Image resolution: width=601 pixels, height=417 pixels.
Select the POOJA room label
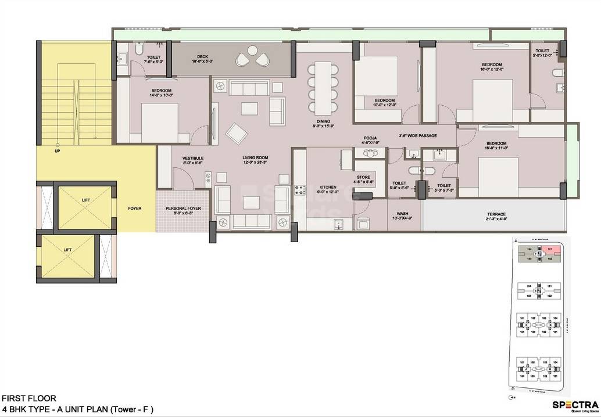(x=370, y=139)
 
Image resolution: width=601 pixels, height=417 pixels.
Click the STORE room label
(x=363, y=178)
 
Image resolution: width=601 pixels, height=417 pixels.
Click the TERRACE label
(x=496, y=214)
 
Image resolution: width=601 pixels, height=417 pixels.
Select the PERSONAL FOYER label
(x=183, y=208)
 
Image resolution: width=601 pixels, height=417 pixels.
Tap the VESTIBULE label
(x=192, y=158)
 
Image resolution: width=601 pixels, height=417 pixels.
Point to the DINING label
(x=323, y=121)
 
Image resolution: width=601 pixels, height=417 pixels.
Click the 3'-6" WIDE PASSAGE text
(x=417, y=136)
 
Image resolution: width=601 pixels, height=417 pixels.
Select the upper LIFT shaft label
(x=86, y=200)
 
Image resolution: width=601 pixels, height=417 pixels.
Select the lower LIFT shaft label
(x=68, y=250)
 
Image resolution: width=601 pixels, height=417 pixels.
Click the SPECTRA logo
(x=574, y=405)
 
